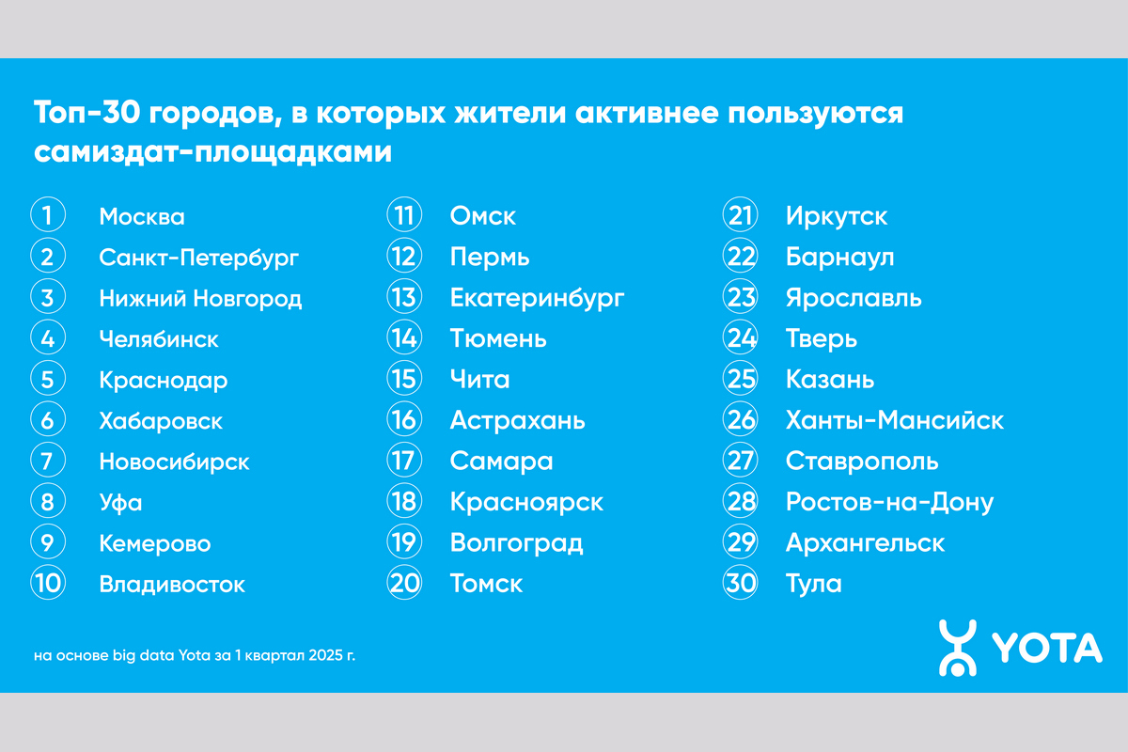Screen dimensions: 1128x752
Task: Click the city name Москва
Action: (142, 216)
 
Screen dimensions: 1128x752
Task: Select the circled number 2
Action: (48, 256)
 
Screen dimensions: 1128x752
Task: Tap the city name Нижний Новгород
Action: (200, 298)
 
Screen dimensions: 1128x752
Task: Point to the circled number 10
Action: (48, 582)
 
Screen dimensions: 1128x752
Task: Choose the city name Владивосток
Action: (172, 585)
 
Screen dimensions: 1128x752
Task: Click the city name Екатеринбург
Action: (538, 298)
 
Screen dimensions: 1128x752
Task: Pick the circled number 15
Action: (404, 378)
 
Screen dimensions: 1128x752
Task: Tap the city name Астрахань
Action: (518, 420)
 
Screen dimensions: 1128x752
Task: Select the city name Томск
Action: (487, 584)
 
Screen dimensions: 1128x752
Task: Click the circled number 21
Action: (741, 214)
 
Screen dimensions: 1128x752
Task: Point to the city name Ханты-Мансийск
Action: (895, 419)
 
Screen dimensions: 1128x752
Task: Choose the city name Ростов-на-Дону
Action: (890, 502)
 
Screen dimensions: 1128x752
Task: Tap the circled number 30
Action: (741, 582)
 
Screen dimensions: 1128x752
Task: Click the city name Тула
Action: (814, 585)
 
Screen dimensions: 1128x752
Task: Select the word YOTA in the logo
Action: (1047, 648)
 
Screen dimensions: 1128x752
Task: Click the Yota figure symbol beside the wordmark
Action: (957, 648)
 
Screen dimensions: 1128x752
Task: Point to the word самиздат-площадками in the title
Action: (212, 151)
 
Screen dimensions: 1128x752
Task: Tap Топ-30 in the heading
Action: (86, 112)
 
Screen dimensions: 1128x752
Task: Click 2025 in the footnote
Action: (325, 655)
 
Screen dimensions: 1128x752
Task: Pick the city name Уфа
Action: (121, 503)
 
